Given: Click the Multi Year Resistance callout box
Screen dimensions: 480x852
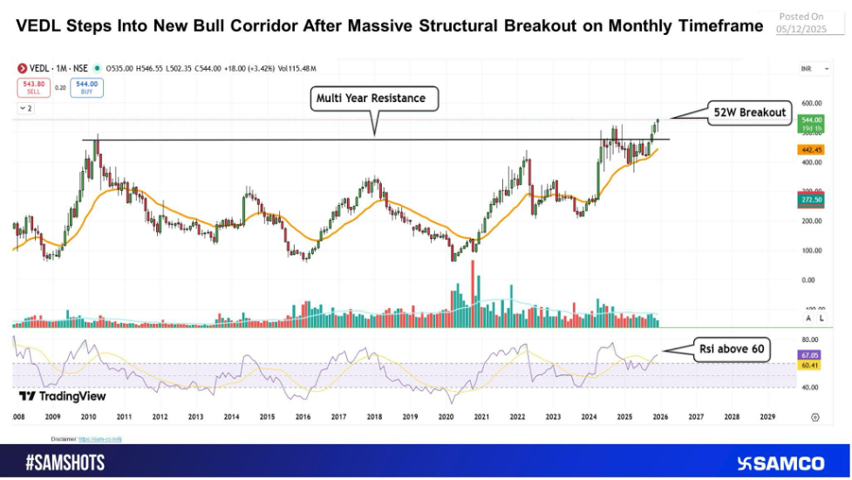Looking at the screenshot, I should (x=374, y=99).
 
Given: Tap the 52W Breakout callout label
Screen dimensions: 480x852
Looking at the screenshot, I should (x=747, y=112).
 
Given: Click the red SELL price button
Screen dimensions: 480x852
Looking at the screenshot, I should (x=32, y=87).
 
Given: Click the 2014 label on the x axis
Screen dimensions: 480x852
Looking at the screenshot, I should (x=231, y=417).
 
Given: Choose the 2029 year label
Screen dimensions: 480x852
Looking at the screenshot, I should (x=767, y=417).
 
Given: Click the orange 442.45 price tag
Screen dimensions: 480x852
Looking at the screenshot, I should (x=811, y=150).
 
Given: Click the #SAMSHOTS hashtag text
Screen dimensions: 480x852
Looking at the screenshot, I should (x=65, y=463).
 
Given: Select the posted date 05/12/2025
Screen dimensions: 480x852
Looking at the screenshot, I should (x=800, y=28).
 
